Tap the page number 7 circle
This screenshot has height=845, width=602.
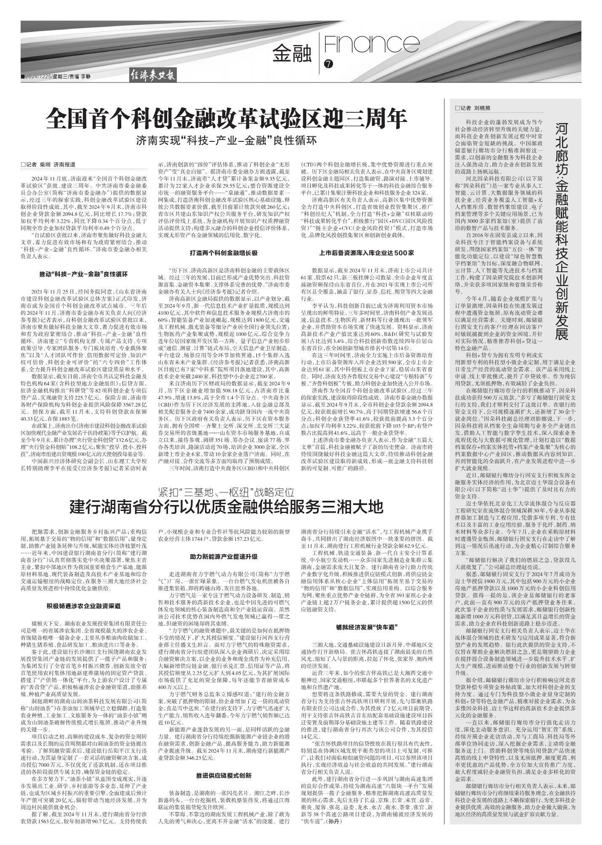328,64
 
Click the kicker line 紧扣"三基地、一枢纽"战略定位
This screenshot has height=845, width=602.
226,492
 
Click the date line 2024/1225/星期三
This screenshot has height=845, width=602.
44,76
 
